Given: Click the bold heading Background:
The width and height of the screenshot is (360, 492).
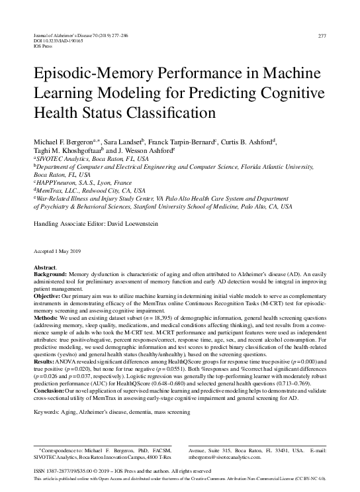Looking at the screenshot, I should coord(50,274).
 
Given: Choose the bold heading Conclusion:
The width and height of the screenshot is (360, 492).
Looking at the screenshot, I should coord(51,391).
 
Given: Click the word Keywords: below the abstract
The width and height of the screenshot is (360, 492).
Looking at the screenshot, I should coord(47,412).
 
